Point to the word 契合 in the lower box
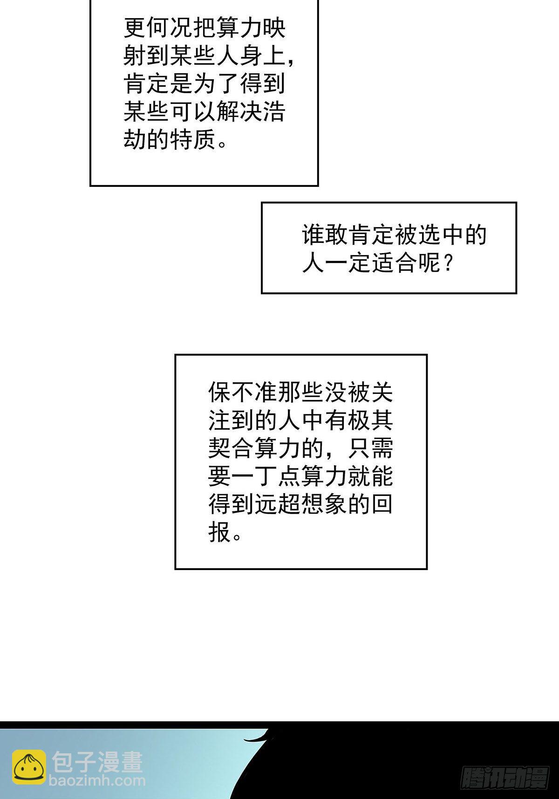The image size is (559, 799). click(231, 448)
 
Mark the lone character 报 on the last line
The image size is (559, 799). click(220, 531)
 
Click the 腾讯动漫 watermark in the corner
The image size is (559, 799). click(505, 778)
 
